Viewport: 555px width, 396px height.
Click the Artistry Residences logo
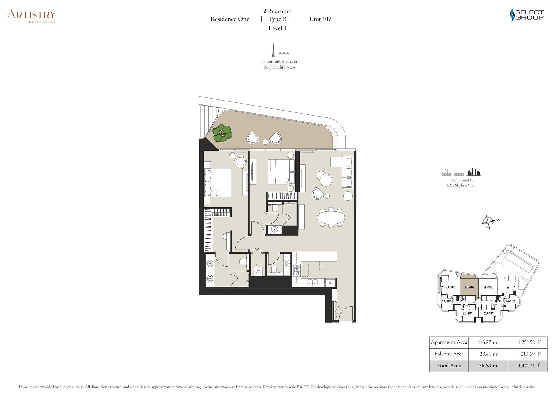(x=31, y=16)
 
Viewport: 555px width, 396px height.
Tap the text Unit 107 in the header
(x=320, y=19)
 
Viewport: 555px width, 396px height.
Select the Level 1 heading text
(x=277, y=28)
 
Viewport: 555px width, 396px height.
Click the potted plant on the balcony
(x=222, y=133)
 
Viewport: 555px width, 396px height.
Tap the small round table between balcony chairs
(x=265, y=142)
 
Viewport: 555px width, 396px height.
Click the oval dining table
(x=331, y=217)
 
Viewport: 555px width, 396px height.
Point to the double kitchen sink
(x=313, y=283)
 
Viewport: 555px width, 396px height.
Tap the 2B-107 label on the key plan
(x=470, y=287)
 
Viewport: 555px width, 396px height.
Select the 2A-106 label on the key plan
(x=450, y=287)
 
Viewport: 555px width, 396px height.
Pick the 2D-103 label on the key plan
(x=489, y=313)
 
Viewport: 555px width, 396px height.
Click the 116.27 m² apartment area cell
(x=488, y=342)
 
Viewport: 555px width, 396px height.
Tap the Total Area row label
(x=449, y=366)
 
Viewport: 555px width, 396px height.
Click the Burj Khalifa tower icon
(x=273, y=50)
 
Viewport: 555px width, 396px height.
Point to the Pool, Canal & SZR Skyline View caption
(x=461, y=182)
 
